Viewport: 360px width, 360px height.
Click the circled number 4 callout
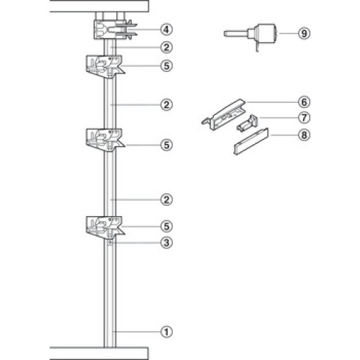(x=166, y=30)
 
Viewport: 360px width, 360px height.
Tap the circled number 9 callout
(x=304, y=33)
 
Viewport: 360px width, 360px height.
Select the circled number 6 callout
(x=304, y=102)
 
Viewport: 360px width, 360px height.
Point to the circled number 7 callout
(x=304, y=118)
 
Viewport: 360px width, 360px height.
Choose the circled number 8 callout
(x=304, y=135)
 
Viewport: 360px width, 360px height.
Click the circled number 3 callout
(x=166, y=243)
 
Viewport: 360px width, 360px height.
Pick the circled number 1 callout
(x=166, y=332)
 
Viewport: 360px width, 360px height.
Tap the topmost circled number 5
(x=166, y=66)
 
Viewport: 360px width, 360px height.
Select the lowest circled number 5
(x=166, y=226)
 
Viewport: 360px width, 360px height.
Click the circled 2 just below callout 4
(x=166, y=48)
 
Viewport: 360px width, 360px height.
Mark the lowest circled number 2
(x=166, y=199)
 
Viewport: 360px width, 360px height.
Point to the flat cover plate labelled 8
(x=251, y=142)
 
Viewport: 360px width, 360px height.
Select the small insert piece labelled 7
(x=248, y=122)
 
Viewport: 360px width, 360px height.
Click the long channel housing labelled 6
(x=223, y=114)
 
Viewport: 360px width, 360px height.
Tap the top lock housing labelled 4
(x=114, y=30)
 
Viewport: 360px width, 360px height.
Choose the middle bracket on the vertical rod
(x=105, y=140)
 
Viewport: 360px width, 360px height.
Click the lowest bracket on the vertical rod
(x=105, y=228)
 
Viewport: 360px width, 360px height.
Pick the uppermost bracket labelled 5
(x=105, y=67)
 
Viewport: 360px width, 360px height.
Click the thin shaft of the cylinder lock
(x=236, y=33)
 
